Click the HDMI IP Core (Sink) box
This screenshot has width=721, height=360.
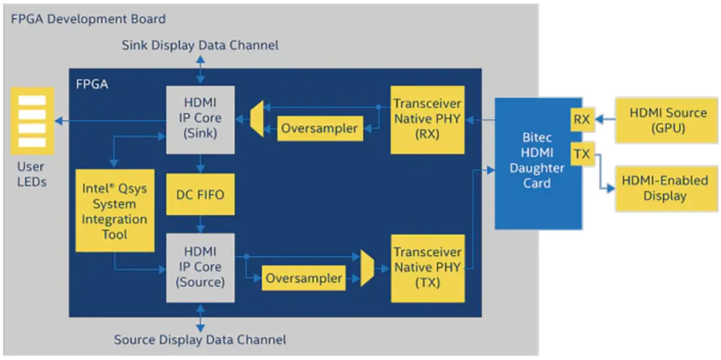(x=200, y=120)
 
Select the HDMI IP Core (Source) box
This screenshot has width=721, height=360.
(x=200, y=268)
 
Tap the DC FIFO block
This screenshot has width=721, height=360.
(x=200, y=194)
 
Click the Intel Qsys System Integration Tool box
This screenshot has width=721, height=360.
(x=115, y=211)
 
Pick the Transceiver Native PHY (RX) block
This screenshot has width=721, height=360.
(x=427, y=120)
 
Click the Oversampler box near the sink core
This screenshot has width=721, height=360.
(x=320, y=129)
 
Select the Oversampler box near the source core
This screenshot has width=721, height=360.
(x=304, y=278)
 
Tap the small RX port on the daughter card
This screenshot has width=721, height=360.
(x=582, y=120)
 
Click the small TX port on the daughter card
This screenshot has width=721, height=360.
(x=582, y=154)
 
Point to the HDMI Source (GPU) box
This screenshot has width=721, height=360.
(x=666, y=120)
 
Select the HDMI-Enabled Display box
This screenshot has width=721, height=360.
(x=666, y=188)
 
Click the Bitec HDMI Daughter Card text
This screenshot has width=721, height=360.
(x=536, y=161)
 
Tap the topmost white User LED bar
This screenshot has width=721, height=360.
(x=32, y=101)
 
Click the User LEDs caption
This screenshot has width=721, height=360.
(x=32, y=174)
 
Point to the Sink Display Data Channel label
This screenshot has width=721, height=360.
(x=200, y=45)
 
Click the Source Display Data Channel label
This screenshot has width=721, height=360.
(x=200, y=340)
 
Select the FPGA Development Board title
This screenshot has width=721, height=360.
(x=88, y=19)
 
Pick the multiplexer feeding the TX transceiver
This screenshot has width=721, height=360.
(x=367, y=268)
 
